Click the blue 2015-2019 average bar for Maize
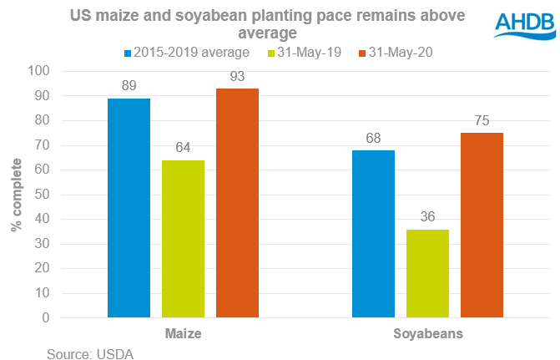pyautogui.click(x=129, y=208)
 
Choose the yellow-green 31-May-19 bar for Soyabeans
pyautogui.click(x=427, y=273)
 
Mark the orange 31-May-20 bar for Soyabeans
pyautogui.click(x=482, y=226)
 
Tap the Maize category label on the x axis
pyautogui.click(x=183, y=332)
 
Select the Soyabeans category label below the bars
pyautogui.click(x=427, y=332)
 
